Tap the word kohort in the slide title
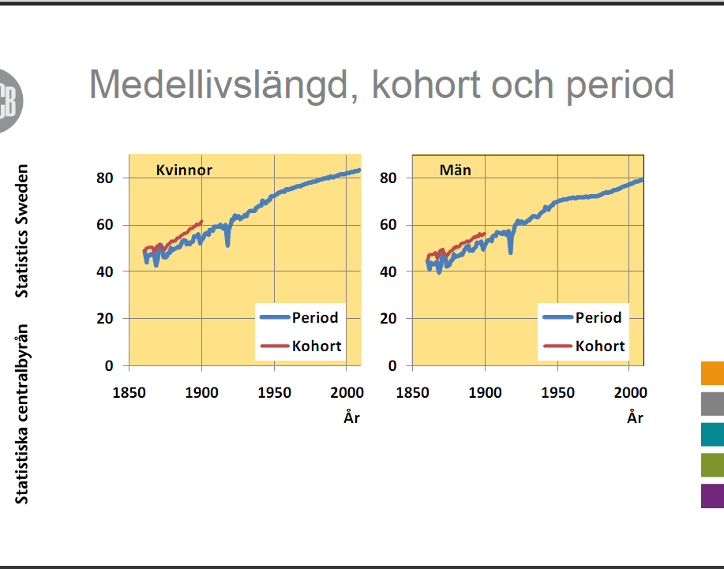426,85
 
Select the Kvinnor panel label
184,170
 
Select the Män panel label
456,170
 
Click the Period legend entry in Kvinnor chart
299,317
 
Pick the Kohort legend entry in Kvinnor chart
301,346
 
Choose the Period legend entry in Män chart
582,317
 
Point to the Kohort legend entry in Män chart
583,346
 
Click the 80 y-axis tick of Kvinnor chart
104,178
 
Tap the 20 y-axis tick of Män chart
388,318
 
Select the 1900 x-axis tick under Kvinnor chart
202,393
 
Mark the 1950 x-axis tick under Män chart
557,393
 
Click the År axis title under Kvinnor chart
351,417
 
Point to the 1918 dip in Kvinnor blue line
227,243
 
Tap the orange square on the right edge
712,372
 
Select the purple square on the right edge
712,496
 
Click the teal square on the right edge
712,434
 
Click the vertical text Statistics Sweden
21,230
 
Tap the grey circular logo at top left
9,100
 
